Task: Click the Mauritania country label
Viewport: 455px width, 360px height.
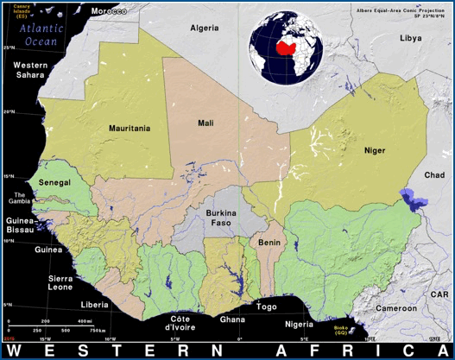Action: coord(130,128)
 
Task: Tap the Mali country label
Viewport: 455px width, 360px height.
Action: coord(205,123)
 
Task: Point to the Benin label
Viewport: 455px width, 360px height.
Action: coord(269,243)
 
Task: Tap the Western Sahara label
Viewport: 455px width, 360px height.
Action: coord(30,70)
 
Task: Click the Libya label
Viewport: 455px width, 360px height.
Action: coord(410,38)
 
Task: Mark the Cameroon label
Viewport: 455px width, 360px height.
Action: coord(395,308)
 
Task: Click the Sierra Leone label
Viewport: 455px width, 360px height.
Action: coord(60,284)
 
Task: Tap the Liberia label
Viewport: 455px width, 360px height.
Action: coord(94,305)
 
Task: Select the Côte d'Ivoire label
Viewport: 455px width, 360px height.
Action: coord(179,323)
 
